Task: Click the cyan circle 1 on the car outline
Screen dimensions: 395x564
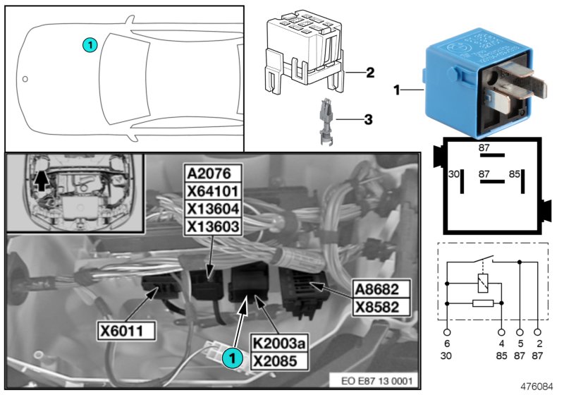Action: coord(89,44)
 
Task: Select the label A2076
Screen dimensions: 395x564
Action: coord(212,174)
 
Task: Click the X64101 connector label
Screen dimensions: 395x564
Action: coord(212,191)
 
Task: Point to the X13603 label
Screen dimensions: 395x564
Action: coord(212,226)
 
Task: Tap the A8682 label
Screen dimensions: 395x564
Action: coord(380,290)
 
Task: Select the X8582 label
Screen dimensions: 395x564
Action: coord(380,308)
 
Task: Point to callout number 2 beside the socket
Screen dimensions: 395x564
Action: coord(368,72)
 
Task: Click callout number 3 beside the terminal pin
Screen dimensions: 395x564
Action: coord(368,119)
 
